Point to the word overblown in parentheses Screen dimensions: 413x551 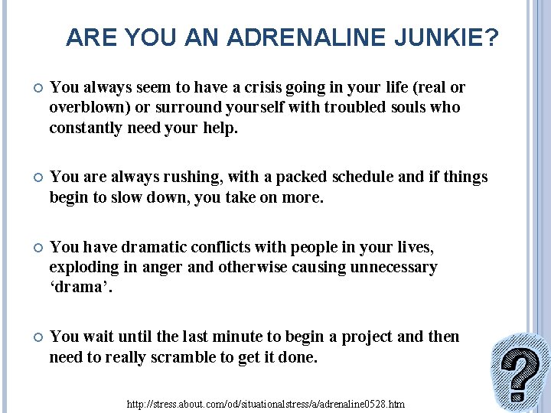coord(85,108)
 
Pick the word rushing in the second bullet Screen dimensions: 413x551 coord(168,177)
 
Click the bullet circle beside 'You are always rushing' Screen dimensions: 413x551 coord(31,178)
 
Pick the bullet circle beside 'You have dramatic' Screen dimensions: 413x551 coord(31,248)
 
